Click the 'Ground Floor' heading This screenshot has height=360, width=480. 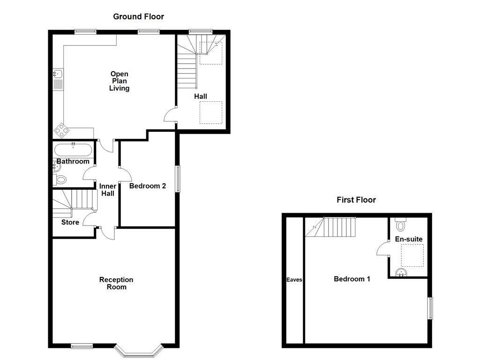click(138, 17)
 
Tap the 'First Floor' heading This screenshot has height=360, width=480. click(356, 200)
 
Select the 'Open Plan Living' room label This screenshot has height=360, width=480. click(119, 81)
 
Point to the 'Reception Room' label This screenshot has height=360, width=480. click(116, 283)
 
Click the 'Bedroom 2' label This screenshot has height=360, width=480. click(148, 186)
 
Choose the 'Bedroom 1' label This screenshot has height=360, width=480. click(352, 279)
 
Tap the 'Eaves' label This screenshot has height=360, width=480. click(294, 280)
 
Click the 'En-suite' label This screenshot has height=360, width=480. click(408, 239)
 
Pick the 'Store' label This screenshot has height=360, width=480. click(70, 222)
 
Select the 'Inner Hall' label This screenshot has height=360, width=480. click(107, 190)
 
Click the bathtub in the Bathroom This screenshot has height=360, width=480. click(73, 150)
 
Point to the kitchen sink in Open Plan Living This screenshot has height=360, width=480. click(58, 78)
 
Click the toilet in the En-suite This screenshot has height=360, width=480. click(401, 225)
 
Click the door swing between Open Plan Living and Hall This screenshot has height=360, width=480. click(170, 115)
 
